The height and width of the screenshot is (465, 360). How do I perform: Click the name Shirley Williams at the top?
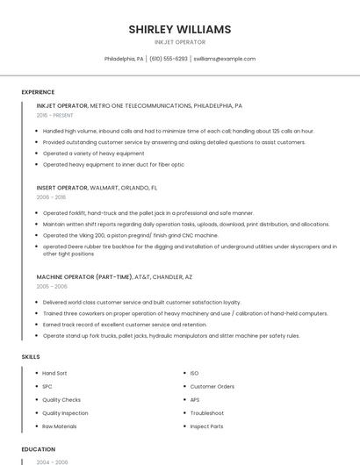tap(180, 29)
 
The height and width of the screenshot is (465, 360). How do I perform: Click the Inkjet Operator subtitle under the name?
tap(180, 42)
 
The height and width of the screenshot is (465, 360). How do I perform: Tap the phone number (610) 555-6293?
tap(169, 59)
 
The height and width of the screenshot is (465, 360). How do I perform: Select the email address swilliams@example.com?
tap(225, 59)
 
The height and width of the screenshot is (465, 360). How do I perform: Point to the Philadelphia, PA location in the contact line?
tap(124, 59)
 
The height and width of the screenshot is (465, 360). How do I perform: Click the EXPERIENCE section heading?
tap(38, 92)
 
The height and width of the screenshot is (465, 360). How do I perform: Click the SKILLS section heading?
tap(31, 356)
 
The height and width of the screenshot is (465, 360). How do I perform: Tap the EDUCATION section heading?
tap(39, 448)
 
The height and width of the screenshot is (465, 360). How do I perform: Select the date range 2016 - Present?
tap(54, 115)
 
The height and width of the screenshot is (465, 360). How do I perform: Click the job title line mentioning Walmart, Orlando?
tap(97, 188)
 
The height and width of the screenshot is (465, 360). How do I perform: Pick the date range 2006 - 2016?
tap(51, 197)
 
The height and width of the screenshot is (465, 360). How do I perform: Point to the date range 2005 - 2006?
tap(52, 286)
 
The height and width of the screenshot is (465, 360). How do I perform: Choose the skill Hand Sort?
tap(54, 373)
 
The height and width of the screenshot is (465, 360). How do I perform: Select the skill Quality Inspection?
tap(65, 412)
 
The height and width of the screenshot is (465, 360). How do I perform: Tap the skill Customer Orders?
tap(212, 386)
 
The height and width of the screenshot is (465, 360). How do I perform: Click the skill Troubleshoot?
tap(207, 412)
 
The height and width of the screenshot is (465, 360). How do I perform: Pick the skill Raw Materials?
tap(60, 426)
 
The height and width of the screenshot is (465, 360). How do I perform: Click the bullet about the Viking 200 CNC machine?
tap(130, 235)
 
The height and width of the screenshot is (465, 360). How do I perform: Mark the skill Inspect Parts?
tap(207, 426)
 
